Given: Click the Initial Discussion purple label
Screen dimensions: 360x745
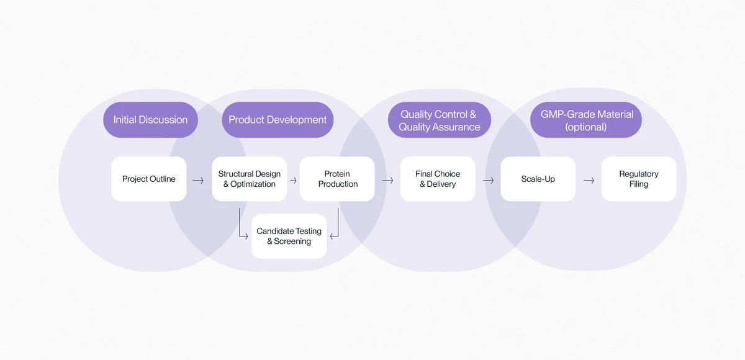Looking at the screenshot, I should click(150, 120).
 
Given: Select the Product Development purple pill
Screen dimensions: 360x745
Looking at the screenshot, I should click(278, 120).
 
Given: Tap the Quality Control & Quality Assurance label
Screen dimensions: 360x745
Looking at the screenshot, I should click(440, 120).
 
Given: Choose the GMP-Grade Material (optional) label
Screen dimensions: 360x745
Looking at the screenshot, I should click(586, 120).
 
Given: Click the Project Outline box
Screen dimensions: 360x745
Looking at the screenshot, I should click(149, 179).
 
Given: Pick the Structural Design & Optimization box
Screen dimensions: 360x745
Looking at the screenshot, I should click(249, 179).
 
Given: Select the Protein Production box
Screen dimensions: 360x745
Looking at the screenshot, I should click(337, 179).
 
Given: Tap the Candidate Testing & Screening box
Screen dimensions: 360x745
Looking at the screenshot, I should click(289, 236).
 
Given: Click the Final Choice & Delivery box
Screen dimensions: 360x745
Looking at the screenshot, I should click(438, 179).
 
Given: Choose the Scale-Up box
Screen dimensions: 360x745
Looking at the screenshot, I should click(538, 179).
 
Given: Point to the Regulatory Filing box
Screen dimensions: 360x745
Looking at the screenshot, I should click(638, 179).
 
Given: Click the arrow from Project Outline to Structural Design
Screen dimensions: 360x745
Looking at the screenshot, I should click(198, 181).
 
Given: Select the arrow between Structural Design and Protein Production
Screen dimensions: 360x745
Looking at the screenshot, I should click(293, 181).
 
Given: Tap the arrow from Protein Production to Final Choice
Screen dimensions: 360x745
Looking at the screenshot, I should click(388, 181).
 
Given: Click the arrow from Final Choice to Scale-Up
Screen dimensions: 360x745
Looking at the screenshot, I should click(488, 181).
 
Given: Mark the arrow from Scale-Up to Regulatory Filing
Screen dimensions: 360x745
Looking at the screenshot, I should click(589, 181).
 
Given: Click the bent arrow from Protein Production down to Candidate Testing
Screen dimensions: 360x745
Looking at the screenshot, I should click(336, 227).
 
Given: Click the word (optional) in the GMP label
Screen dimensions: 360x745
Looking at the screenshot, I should click(586, 127).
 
